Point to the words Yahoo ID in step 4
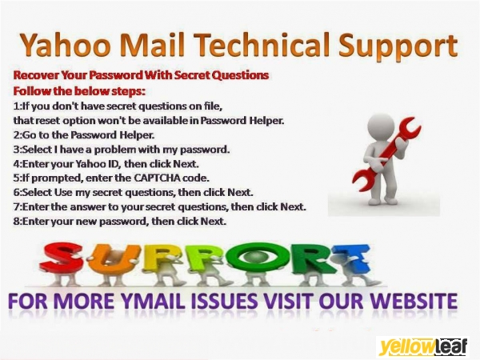pyautogui.click(x=84, y=163)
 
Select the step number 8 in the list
pyautogui.click(x=17, y=221)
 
